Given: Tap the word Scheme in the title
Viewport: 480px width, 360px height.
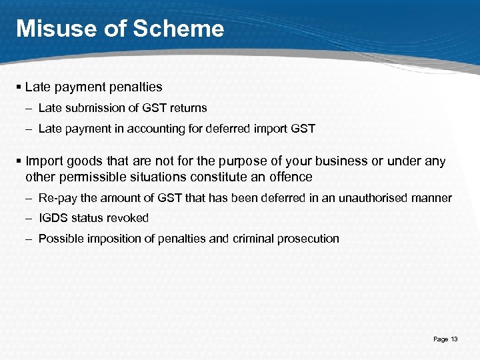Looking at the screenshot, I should [x=181, y=28].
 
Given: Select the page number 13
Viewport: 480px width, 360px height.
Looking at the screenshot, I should [x=455, y=339].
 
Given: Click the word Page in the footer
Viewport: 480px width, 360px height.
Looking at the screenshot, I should [x=441, y=339].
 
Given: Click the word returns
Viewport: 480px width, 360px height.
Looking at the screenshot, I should [x=188, y=108].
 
